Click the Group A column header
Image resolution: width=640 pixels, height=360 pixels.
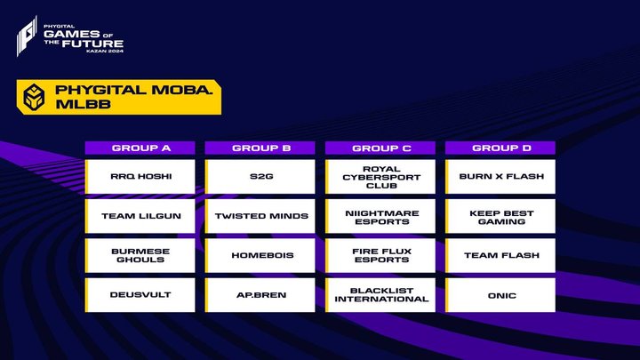[x=140, y=148]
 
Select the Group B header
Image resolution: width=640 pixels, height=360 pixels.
[x=260, y=148]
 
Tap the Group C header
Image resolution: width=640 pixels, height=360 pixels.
[x=380, y=148]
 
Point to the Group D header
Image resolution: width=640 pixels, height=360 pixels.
[x=500, y=148]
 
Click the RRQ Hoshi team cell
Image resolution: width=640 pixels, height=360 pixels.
[x=140, y=176]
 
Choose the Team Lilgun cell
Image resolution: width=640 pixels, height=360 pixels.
[x=140, y=216]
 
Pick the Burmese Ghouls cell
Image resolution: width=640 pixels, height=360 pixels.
[x=140, y=255]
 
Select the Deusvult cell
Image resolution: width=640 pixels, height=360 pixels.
[x=140, y=295]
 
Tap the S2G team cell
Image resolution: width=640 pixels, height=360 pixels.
[x=260, y=176]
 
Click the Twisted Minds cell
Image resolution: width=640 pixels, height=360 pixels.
[x=260, y=216]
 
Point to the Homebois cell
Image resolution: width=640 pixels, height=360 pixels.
[x=260, y=255]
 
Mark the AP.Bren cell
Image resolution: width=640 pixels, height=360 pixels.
[x=260, y=295]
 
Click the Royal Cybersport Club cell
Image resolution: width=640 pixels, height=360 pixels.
[x=380, y=176]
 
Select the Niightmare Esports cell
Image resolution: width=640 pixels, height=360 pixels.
[x=380, y=216]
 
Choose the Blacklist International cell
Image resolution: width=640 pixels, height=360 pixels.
[x=380, y=295]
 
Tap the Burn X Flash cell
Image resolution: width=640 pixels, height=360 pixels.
[x=500, y=176]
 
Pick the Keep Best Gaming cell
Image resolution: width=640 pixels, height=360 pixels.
[x=500, y=216]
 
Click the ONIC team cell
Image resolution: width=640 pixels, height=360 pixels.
[x=500, y=295]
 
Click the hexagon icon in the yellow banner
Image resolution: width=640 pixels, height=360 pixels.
[x=34, y=97]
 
